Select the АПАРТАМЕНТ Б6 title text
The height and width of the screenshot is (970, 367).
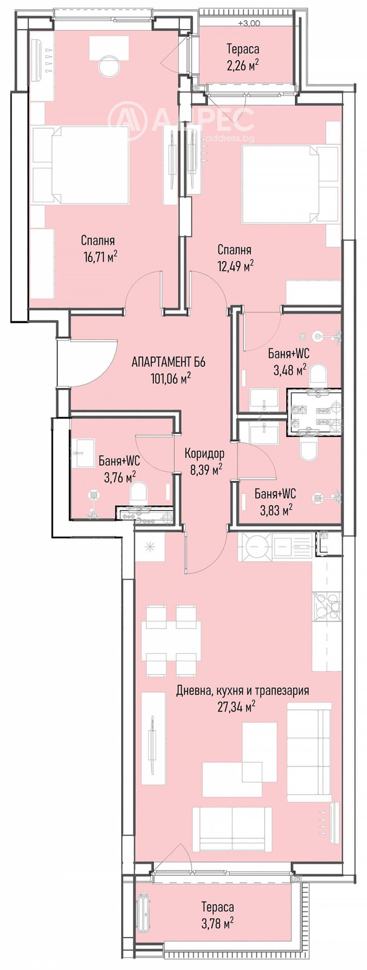point(168,363)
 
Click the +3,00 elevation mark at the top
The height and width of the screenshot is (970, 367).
point(249,23)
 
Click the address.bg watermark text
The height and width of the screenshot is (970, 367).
point(230,138)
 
